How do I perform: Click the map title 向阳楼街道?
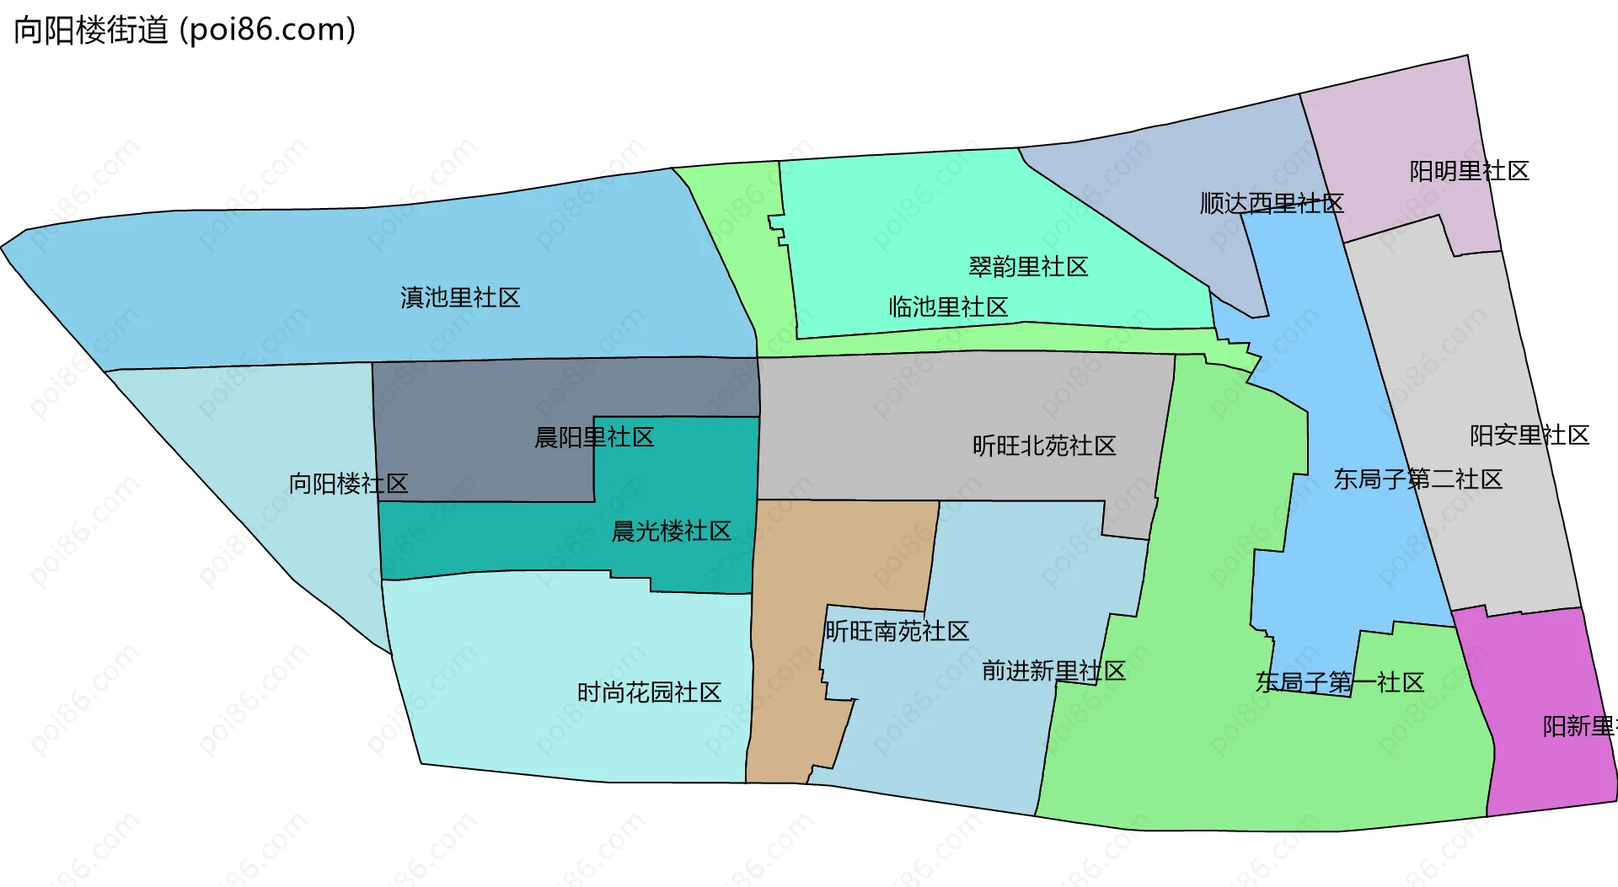click(x=91, y=30)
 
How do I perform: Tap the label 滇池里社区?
click(x=460, y=297)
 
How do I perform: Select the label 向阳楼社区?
click(x=348, y=484)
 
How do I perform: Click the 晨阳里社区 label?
click(x=594, y=437)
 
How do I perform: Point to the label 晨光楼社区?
click(x=671, y=532)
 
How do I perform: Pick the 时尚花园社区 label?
click(x=649, y=692)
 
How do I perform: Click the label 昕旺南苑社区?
click(x=897, y=631)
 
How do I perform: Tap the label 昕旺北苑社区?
click(x=1044, y=446)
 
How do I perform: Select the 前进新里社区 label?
click(x=1053, y=671)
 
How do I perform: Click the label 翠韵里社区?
click(x=1028, y=267)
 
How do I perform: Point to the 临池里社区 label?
click(x=948, y=307)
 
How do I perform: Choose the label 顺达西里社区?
click(x=1272, y=203)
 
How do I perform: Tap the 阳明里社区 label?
click(x=1469, y=171)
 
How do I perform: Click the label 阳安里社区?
click(x=1530, y=435)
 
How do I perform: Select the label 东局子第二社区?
click(x=1417, y=479)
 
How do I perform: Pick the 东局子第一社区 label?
click(x=1339, y=682)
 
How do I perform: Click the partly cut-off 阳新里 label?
click(x=1578, y=726)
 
